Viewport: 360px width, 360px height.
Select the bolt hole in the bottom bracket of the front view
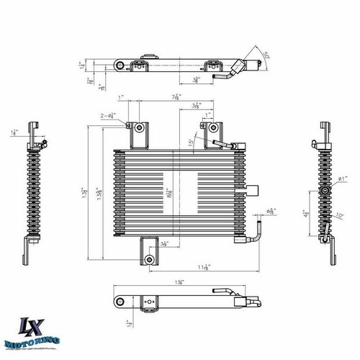[x=149, y=258]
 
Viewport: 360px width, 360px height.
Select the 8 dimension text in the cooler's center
[x=168, y=193]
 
